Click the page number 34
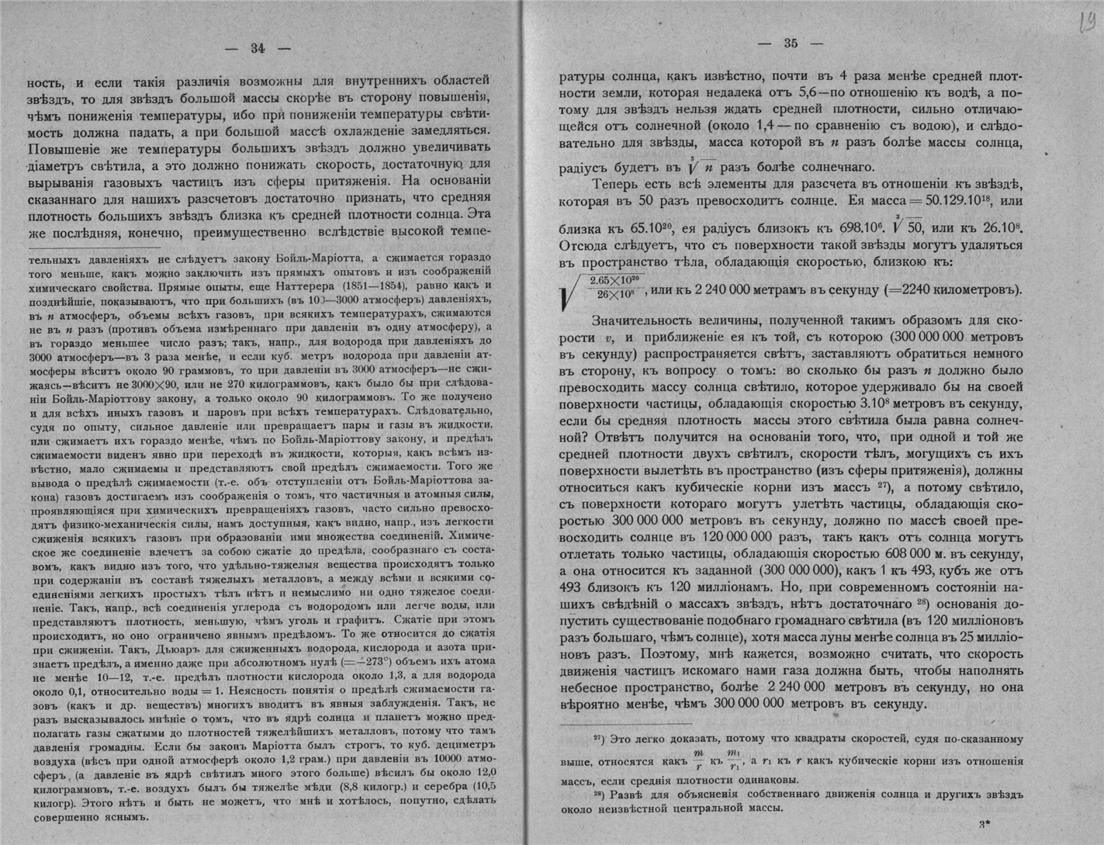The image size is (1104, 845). [258, 48]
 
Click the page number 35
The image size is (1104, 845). [791, 44]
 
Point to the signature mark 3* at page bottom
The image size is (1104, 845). [983, 826]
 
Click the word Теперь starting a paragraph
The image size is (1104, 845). [618, 184]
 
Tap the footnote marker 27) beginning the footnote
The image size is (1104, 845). [599, 739]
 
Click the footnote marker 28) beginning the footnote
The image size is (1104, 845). [599, 795]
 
